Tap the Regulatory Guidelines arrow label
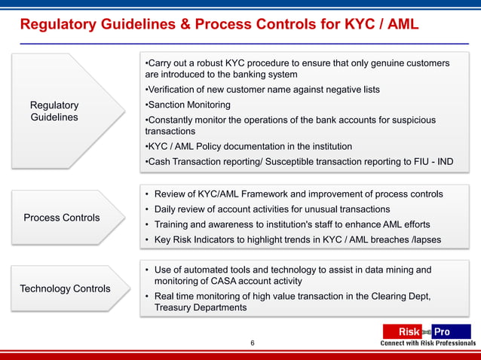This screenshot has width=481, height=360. pos(54,111)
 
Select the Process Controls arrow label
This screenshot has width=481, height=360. pos(61,218)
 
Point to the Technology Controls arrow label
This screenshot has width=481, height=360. pos(65,288)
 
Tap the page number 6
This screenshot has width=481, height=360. pos(253,343)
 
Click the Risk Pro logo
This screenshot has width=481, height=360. pos(426,331)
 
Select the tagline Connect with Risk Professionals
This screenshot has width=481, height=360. pos(427,343)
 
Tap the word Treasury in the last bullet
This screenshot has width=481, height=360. pos(174,307)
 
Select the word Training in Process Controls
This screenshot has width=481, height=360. pos(174,224)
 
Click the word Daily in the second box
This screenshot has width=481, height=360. pos(167,209)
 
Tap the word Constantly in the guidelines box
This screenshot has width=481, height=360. pos(173,120)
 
